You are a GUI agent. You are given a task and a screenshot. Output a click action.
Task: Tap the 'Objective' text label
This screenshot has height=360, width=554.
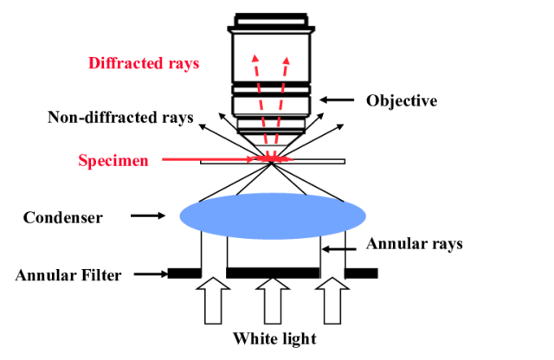402,100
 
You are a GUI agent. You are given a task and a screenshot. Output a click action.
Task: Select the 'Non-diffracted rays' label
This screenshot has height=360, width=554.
120,117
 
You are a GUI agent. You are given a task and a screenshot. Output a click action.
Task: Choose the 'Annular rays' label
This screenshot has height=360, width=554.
415,243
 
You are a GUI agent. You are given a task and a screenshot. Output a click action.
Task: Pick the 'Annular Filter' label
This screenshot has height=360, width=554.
68,275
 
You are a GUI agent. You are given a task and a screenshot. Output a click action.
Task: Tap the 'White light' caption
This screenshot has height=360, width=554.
274,337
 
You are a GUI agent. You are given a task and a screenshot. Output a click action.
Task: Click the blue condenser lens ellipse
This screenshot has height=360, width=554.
273,215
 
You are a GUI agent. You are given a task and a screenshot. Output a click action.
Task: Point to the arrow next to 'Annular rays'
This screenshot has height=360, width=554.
343,249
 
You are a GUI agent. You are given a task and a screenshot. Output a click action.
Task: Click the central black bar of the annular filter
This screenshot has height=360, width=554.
273,273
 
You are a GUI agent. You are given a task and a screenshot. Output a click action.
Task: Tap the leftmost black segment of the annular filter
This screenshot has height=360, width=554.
184,273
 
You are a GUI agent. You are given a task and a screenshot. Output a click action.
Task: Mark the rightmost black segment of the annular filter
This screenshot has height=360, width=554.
361,273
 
